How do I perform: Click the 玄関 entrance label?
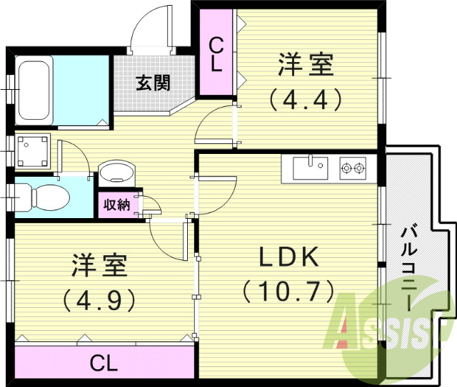pos(154,83)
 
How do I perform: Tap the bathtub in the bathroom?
pos(33,91)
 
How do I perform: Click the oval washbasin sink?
pos(116,173)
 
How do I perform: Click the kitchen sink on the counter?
pos(308,168)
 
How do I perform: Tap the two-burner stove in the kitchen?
pos(352,168)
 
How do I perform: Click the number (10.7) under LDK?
pos(288,291)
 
